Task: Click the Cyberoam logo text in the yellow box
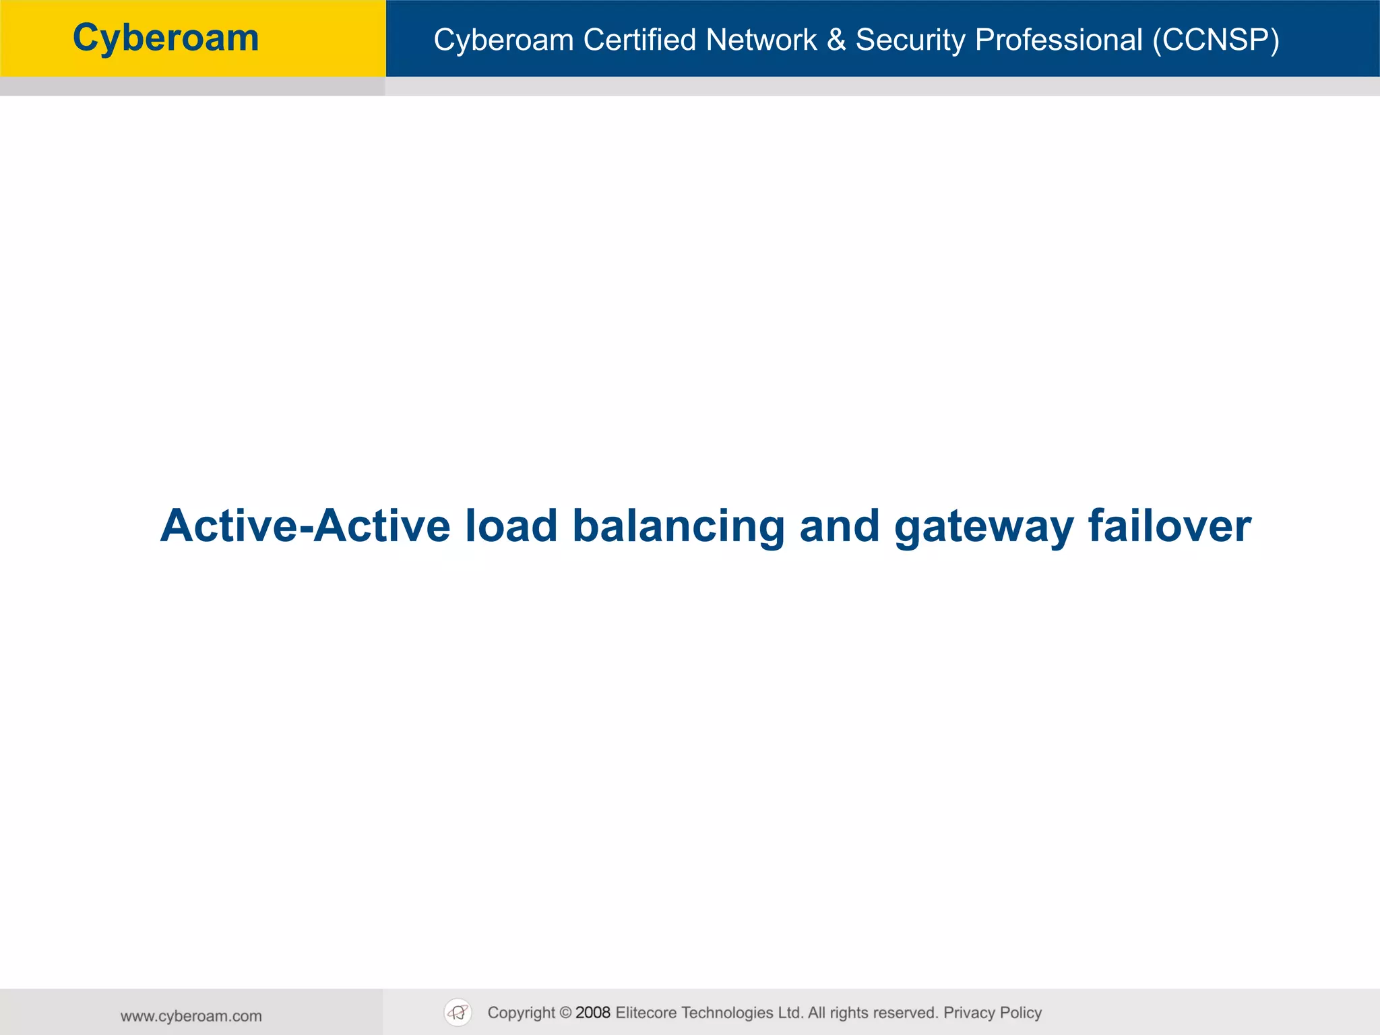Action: point(166,38)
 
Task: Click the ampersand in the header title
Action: point(836,40)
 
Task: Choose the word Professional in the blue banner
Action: point(1059,40)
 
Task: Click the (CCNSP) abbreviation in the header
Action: point(1216,40)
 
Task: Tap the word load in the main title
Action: point(511,526)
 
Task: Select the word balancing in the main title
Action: point(679,526)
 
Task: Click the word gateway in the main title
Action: point(984,526)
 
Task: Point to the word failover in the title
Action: point(1170,526)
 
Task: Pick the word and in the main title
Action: point(840,526)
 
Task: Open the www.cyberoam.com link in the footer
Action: point(191,1016)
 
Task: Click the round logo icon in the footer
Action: point(458,1013)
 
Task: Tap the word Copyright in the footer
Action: point(521,1013)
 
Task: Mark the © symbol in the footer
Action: point(565,1013)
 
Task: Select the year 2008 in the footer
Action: point(593,1013)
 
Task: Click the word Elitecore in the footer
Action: point(646,1013)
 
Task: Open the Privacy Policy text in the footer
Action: point(993,1013)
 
